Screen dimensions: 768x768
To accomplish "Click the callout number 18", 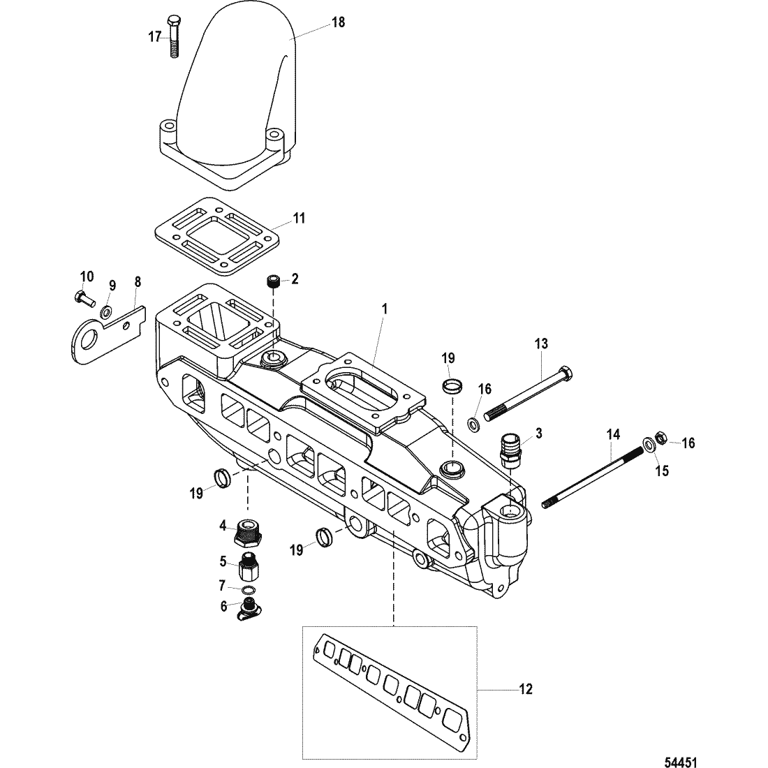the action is [x=339, y=22].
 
